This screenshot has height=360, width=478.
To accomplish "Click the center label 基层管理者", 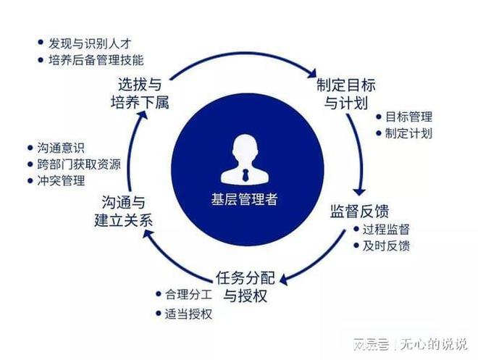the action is click(244, 199).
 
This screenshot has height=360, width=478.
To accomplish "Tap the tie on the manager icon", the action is click(245, 175).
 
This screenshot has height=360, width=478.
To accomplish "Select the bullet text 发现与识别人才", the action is click(90, 43).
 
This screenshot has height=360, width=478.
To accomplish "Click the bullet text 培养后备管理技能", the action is click(96, 59).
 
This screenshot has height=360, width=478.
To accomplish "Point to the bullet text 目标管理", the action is click(408, 117).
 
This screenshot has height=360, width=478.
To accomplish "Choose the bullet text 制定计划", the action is click(408, 133).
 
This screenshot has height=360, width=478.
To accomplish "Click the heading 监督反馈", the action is click(360, 211).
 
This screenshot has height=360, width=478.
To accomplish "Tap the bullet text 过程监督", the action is click(386, 229).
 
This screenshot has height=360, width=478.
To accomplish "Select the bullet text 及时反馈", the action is click(386, 246).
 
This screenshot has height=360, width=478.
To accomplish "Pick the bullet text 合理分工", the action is click(188, 295).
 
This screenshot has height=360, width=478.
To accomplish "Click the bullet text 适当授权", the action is click(188, 314).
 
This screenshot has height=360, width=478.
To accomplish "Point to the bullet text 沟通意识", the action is click(61, 148).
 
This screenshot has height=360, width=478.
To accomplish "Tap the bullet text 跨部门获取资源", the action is click(79, 164).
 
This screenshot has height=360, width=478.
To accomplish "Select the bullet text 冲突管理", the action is click(61, 181).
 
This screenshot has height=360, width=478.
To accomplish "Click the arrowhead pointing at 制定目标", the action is click(312, 72).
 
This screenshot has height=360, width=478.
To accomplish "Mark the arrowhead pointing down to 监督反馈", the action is click(360, 191).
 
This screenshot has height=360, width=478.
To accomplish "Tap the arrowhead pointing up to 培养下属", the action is click(142, 114).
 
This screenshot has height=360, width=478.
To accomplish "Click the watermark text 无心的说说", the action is click(434, 344).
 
